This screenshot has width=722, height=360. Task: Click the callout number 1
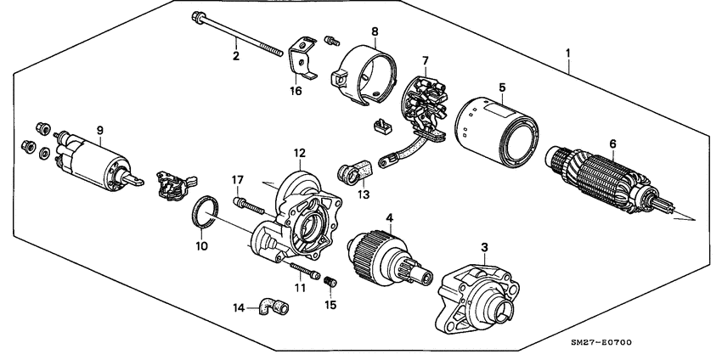point(568,53)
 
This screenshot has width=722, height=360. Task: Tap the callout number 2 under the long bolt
point(236,57)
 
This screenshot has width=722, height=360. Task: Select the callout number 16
point(296,91)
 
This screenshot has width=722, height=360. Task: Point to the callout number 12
point(299,153)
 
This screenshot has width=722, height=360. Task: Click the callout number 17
point(239,179)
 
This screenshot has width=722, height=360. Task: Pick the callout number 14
point(240,307)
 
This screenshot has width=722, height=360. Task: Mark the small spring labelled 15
point(332,281)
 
